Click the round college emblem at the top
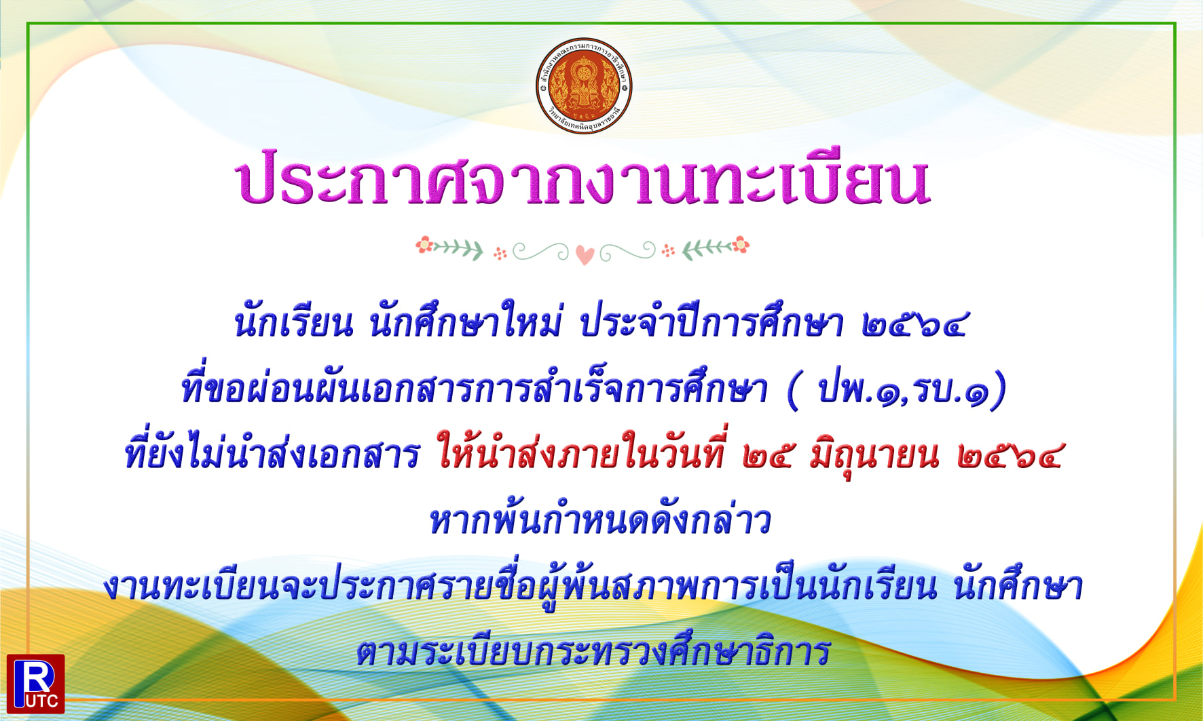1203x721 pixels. click(584, 85)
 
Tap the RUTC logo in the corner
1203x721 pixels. click(36, 684)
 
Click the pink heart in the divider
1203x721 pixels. click(585, 255)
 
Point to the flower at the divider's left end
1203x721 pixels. click(424, 244)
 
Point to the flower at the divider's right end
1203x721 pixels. click(741, 244)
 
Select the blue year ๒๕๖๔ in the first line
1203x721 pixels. click(914, 324)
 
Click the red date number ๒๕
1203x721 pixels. click(767, 456)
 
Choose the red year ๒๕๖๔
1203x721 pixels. click(1010, 456)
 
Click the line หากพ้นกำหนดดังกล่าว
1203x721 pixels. click(600, 521)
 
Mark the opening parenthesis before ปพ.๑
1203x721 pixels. click(793, 391)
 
